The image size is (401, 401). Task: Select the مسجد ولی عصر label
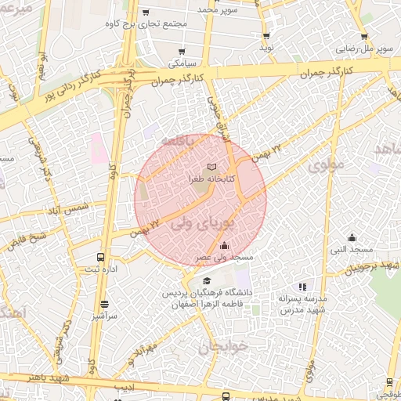[x=225, y=257]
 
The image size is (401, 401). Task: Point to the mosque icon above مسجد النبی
[x=352, y=237]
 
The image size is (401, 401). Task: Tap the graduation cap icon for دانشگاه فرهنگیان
[x=206, y=280]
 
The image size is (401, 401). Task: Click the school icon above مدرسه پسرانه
[x=302, y=286]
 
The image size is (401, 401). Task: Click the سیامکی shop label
[x=181, y=62]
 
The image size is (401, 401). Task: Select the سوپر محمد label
[x=218, y=9]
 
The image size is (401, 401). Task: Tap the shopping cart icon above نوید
[x=266, y=35]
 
